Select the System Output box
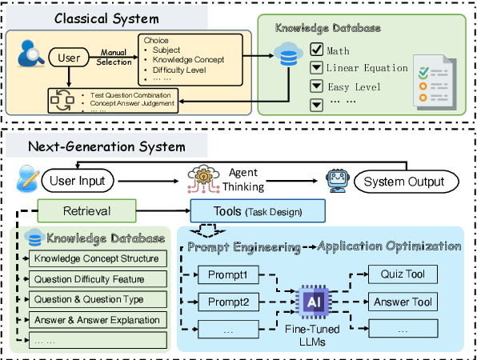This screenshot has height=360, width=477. [403, 181]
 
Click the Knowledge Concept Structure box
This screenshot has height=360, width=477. [95, 258]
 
